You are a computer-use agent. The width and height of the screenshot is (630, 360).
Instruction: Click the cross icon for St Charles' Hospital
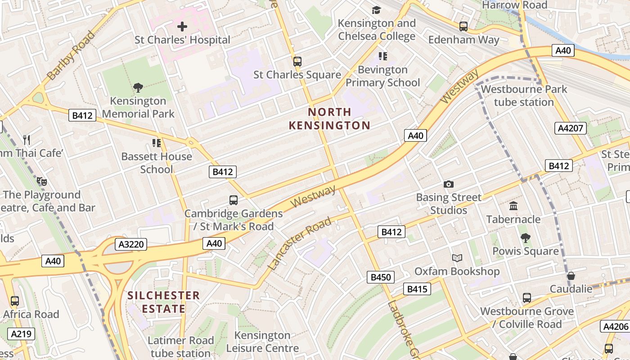tap(182, 27)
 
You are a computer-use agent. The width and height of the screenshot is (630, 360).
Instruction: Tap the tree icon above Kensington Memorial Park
tap(138, 88)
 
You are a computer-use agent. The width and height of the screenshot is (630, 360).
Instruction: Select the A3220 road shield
tap(131, 244)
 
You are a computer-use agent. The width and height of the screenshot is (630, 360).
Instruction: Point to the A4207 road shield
tap(571, 128)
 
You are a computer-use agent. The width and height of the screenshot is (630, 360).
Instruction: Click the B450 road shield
tap(380, 277)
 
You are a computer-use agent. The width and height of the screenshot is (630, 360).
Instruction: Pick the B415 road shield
tap(417, 289)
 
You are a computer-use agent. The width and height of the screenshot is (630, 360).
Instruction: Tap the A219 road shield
tap(21, 334)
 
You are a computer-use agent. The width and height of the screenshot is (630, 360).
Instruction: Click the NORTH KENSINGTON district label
tap(329, 119)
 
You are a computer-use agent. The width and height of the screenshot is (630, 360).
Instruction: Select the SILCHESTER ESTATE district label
tap(163, 302)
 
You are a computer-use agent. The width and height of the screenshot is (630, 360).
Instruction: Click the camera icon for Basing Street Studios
tap(449, 184)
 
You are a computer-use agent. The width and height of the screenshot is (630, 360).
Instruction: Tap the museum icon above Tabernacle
tap(513, 206)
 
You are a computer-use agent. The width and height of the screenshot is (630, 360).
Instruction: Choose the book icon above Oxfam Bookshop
tap(457, 258)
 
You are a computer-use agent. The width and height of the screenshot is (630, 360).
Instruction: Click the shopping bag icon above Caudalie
tap(571, 275)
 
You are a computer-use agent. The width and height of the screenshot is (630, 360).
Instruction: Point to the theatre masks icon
tap(42, 181)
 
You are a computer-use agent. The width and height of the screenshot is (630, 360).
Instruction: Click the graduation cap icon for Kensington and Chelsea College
tap(376, 10)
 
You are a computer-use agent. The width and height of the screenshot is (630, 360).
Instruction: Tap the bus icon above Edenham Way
tap(463, 27)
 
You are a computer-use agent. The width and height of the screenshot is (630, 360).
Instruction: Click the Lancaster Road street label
tap(300, 243)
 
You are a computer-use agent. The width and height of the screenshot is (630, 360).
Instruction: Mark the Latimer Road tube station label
tap(181, 347)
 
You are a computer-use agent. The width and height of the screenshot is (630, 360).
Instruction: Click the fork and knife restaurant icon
tap(27, 140)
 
